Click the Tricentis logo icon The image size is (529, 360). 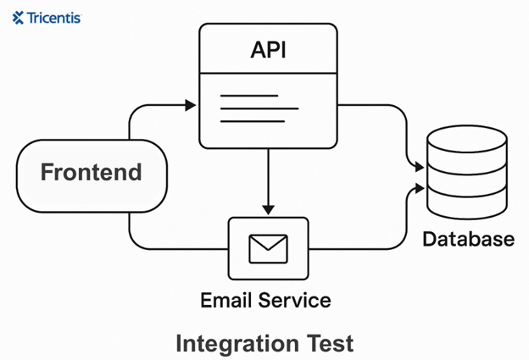pyautogui.click(x=18, y=17)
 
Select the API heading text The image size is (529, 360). pyautogui.click(x=268, y=49)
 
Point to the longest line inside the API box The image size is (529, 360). pyautogui.click(x=259, y=108)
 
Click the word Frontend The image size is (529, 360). pyautogui.click(x=91, y=173)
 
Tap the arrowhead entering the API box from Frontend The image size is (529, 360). pyautogui.click(x=191, y=105)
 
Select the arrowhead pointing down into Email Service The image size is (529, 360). pyautogui.click(x=268, y=208)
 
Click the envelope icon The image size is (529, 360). pyautogui.click(x=268, y=247)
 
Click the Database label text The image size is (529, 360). pyautogui.click(x=469, y=238)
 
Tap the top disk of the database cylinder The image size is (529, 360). pyautogui.click(x=468, y=140)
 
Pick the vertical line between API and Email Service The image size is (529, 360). pyautogui.click(x=268, y=178)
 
